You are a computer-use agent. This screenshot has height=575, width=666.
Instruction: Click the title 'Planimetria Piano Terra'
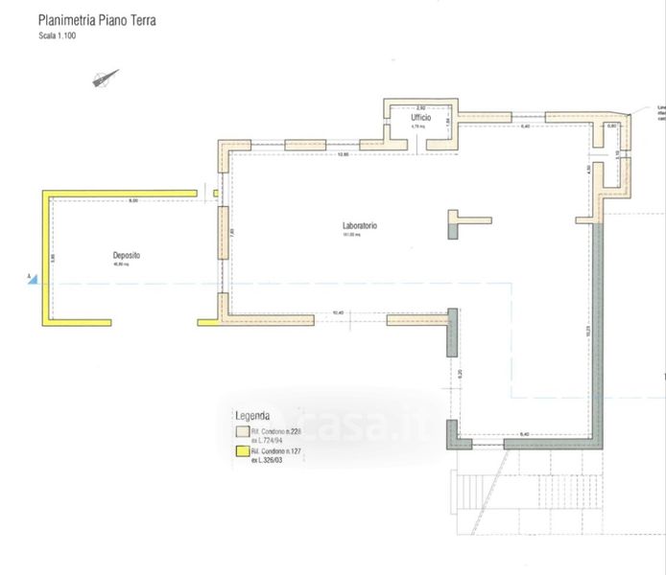click(x=96, y=20)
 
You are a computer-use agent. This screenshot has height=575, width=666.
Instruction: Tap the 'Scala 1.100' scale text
click(x=57, y=35)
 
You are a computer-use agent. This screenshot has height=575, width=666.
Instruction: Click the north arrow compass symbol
click(x=106, y=80)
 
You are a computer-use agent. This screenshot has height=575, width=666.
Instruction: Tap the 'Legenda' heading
click(x=252, y=416)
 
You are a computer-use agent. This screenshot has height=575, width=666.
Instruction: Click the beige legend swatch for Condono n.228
click(x=241, y=434)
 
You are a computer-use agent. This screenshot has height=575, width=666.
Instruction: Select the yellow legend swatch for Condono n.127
click(x=241, y=451)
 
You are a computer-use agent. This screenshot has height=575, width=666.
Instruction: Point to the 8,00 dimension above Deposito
click(x=133, y=200)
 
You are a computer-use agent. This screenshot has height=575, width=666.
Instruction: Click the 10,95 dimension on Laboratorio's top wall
click(x=342, y=154)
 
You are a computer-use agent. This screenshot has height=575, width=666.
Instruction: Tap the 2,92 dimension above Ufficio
click(x=419, y=107)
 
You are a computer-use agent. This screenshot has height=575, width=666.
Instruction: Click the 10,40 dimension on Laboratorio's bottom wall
click(x=337, y=313)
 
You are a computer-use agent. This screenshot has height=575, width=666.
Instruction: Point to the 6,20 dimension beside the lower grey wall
click(x=460, y=373)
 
